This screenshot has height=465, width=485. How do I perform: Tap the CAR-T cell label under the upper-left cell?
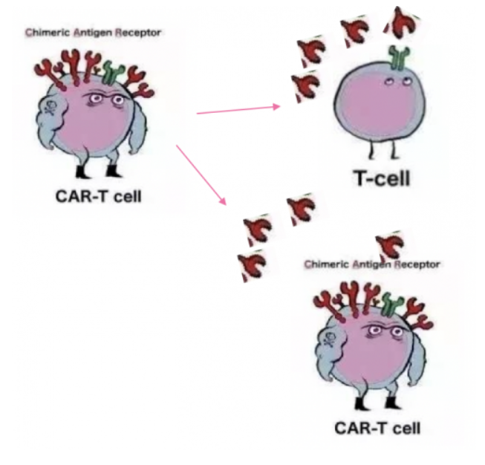(x=99, y=197)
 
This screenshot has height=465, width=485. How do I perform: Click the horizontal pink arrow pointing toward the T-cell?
(x=238, y=110)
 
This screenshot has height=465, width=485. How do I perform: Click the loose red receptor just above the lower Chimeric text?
(x=388, y=244)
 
